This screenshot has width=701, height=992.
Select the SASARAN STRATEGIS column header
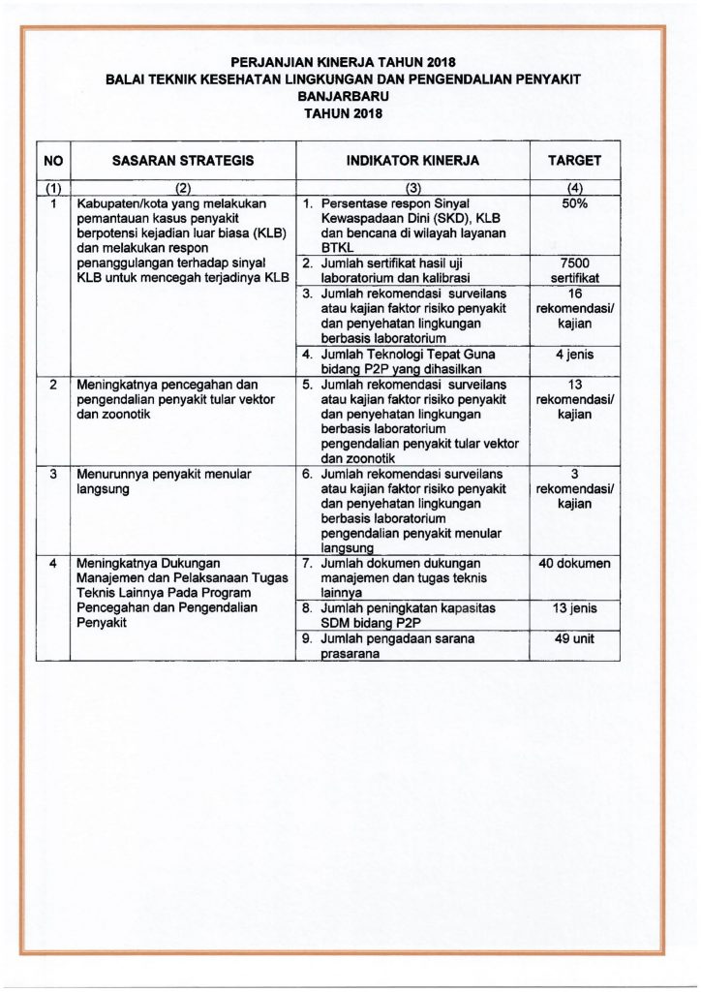183,161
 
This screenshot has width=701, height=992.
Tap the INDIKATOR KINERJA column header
412,161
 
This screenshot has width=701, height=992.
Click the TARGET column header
575,161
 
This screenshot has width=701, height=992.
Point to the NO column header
53,161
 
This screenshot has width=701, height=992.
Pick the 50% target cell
575,204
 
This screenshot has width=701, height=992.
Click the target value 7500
575,263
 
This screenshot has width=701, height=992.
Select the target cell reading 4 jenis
575,355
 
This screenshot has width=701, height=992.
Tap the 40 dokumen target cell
575,564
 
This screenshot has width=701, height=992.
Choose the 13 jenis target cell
575,608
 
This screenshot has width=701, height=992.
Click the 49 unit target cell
575,640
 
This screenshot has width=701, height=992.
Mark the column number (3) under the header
412,188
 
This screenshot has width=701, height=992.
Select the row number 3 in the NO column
54,475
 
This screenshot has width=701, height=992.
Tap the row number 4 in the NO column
54,564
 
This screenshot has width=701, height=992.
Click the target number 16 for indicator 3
575,294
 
